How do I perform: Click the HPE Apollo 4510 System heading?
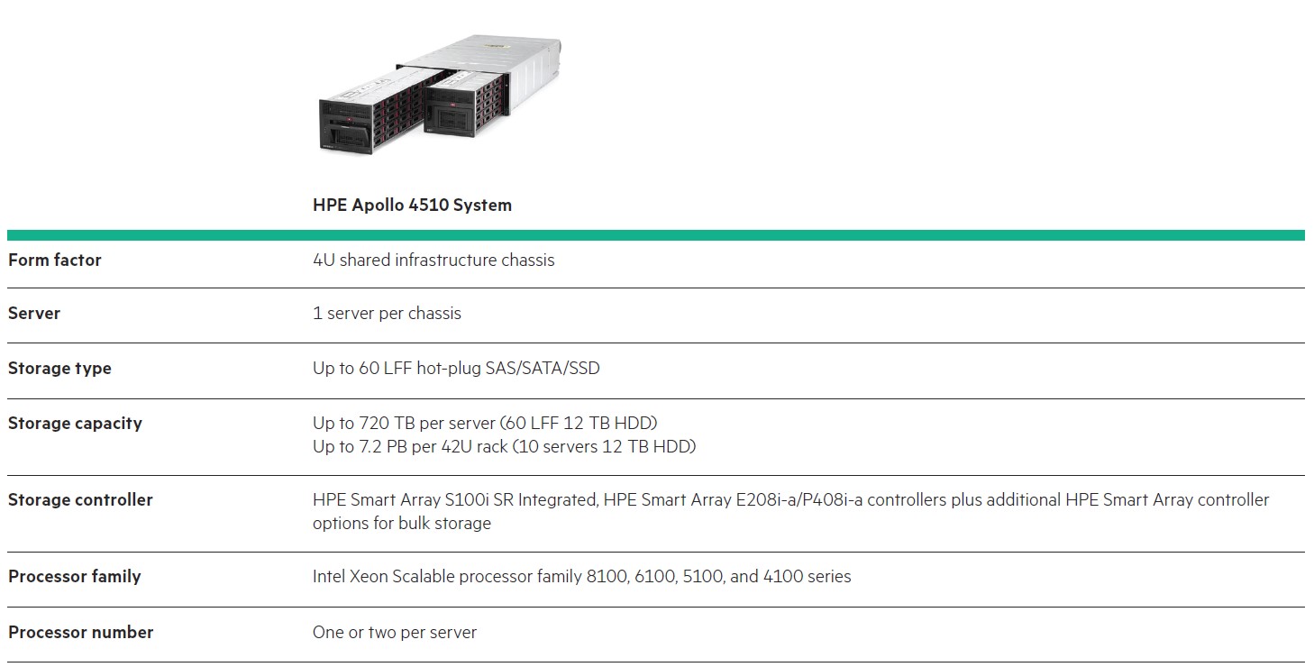tap(412, 205)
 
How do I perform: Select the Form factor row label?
tap(55, 260)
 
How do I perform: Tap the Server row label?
tap(34, 314)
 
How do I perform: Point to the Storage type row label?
tap(59, 369)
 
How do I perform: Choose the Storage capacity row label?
tap(75, 424)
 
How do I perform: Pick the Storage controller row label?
tap(80, 500)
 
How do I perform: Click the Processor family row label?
tap(75, 577)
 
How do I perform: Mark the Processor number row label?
tap(80, 633)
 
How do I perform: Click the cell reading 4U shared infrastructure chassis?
tap(433, 260)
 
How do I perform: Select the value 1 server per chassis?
tap(388, 314)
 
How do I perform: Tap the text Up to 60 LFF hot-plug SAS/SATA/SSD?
tap(456, 369)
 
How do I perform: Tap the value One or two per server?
tap(395, 633)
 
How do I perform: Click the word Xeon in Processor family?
tap(369, 577)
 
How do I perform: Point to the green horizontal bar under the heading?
tap(656, 235)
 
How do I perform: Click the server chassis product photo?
tap(440, 95)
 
